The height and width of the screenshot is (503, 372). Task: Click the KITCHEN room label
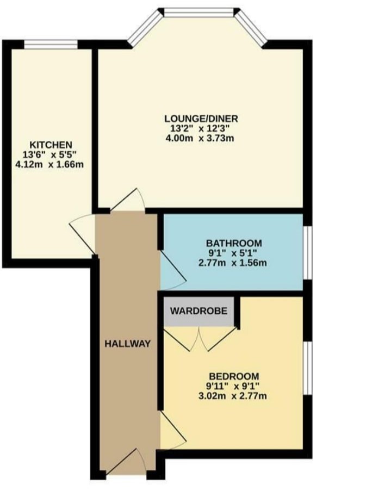coord(51,145)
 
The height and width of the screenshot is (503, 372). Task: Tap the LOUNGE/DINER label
coord(201,119)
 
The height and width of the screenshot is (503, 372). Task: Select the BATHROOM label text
coord(233,243)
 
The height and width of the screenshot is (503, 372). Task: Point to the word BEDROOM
coord(234,376)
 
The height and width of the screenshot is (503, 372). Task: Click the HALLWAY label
coord(127,344)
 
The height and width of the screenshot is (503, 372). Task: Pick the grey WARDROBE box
coord(199,312)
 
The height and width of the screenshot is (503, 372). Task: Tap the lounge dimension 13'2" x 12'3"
coord(201,129)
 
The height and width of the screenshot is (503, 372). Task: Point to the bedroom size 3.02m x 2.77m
coord(232,396)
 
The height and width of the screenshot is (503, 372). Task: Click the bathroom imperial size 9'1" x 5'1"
coord(233,253)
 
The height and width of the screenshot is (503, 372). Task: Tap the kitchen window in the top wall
coord(51,45)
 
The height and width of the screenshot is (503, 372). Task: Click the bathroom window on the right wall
coord(307,252)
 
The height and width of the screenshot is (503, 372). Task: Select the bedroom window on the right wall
coord(307,368)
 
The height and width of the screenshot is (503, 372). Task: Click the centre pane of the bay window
coord(199,13)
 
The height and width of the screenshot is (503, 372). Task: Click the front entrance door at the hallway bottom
coord(126,462)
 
